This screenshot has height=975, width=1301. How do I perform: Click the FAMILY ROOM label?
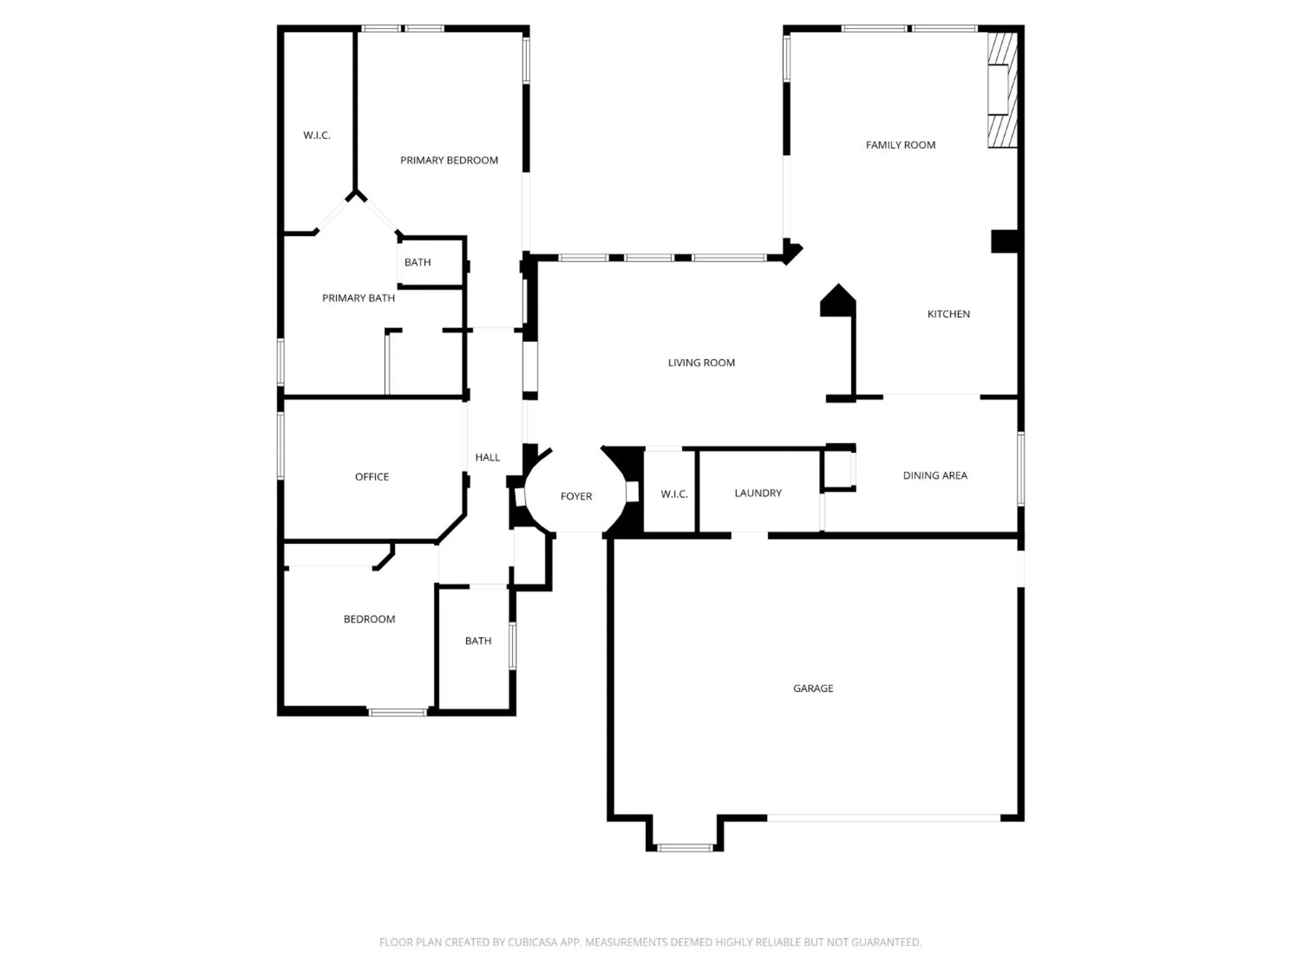pyautogui.click(x=900, y=145)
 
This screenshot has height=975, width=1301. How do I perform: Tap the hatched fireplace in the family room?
pyautogui.click(x=1002, y=90)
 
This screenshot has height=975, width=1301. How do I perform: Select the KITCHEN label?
pyautogui.click(x=948, y=314)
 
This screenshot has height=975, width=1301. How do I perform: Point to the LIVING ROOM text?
pyautogui.click(x=701, y=363)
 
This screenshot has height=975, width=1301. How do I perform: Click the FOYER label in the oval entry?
pyautogui.click(x=576, y=496)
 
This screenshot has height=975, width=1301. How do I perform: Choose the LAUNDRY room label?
pyautogui.click(x=758, y=493)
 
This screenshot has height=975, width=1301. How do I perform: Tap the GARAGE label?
pyautogui.click(x=812, y=688)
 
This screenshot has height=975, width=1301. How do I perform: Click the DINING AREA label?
pyautogui.click(x=935, y=475)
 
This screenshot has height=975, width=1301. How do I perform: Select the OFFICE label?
pyautogui.click(x=371, y=476)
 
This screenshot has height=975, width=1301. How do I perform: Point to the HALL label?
pyautogui.click(x=487, y=457)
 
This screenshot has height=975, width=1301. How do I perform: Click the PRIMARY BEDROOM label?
pyautogui.click(x=449, y=160)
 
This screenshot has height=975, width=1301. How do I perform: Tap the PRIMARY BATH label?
pyautogui.click(x=358, y=298)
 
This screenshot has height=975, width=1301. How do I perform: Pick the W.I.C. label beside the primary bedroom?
pyautogui.click(x=317, y=135)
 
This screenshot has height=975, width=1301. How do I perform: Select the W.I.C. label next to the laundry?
pyautogui.click(x=674, y=494)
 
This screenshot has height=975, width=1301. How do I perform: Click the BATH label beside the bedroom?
pyautogui.click(x=478, y=641)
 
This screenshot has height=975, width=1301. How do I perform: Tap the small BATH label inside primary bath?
pyautogui.click(x=418, y=262)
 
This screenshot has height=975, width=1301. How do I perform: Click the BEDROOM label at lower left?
pyautogui.click(x=369, y=619)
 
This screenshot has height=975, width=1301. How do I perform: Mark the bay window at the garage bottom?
pyautogui.click(x=685, y=847)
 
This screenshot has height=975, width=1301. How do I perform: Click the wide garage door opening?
pyautogui.click(x=883, y=818)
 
